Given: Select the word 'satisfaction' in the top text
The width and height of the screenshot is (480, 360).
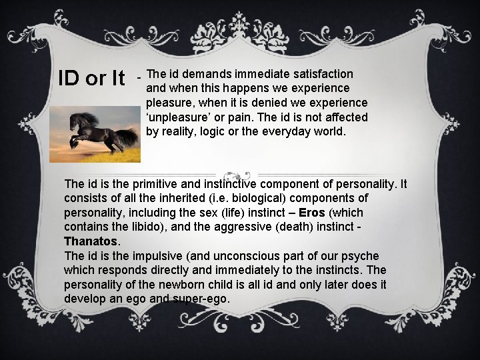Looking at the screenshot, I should coord(322,73).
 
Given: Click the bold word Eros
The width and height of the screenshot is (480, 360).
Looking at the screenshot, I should coord(312,213).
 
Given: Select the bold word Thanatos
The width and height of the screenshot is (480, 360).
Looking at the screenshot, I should coord(90,242).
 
